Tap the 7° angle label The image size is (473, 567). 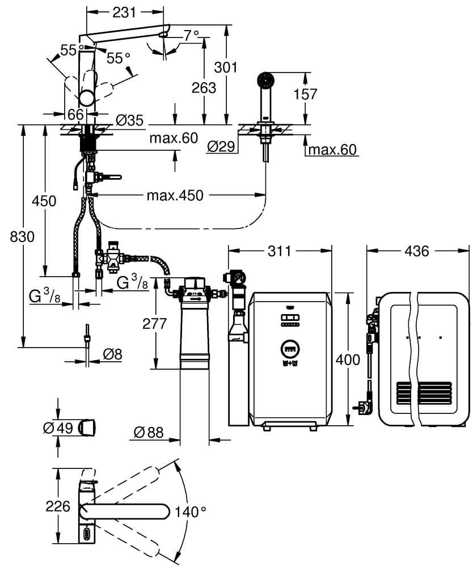click(191, 35)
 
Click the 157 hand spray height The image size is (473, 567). click(306, 94)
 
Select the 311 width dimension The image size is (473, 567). click(278, 250)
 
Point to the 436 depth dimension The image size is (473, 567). click(417, 250)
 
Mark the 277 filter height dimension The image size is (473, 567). click(155, 323)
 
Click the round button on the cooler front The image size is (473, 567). click(289, 348)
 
